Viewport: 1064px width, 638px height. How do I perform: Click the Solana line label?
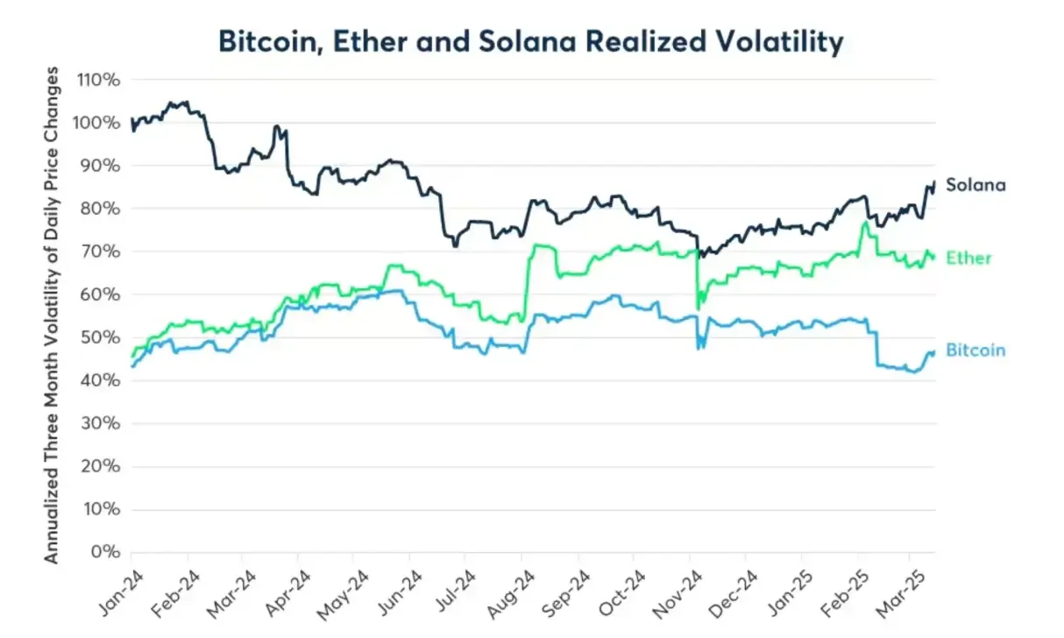[x=975, y=185]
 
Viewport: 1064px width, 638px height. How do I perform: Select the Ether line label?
[x=968, y=258]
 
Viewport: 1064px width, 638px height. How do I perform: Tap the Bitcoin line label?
[x=975, y=350]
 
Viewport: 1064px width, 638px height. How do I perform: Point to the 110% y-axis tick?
[x=100, y=80]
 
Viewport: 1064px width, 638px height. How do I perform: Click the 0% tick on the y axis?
[x=108, y=553]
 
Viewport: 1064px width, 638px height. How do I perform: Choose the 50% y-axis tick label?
[x=103, y=337]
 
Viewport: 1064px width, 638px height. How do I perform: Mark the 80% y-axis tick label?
[x=103, y=209]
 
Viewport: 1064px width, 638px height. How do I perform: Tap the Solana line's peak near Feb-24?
[x=172, y=102]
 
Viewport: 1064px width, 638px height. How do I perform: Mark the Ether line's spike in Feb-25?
[x=865, y=223]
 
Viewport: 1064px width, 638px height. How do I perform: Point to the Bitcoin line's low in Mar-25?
[x=913, y=372]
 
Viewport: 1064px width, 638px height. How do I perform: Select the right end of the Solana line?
[x=934, y=181]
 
